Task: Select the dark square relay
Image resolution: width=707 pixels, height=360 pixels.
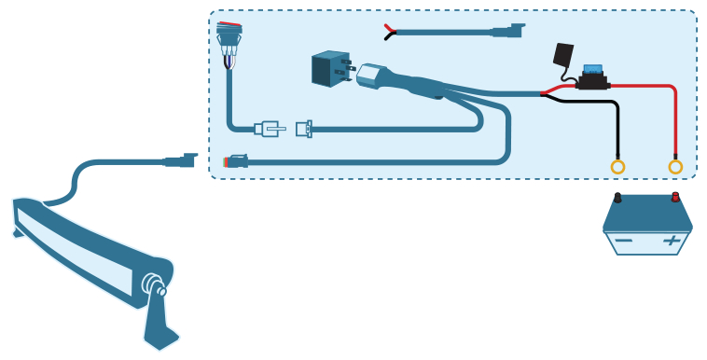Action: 329,69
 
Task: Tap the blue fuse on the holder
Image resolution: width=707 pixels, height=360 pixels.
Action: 591,70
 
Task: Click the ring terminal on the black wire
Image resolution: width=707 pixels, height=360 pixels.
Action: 617,167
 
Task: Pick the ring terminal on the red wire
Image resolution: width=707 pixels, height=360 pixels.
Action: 675,167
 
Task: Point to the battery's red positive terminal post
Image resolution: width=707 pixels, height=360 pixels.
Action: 675,197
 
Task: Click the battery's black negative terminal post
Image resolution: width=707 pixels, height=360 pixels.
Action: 617,198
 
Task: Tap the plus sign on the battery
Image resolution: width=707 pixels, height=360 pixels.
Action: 672,241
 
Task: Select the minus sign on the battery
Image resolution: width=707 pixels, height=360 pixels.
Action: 623,241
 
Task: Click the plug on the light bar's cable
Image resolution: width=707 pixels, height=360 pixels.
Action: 181,160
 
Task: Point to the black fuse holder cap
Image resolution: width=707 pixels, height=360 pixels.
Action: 562,54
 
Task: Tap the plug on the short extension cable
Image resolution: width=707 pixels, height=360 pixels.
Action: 507,31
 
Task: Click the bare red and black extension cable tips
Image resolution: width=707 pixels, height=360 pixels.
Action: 389,32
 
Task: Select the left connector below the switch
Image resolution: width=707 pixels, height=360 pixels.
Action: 269,129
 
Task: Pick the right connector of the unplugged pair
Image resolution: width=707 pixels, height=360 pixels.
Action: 303,129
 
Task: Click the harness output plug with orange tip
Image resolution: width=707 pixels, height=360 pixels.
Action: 235,162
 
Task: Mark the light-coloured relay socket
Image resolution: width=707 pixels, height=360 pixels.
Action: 370,76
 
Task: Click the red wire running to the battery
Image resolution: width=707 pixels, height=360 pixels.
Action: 653,87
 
